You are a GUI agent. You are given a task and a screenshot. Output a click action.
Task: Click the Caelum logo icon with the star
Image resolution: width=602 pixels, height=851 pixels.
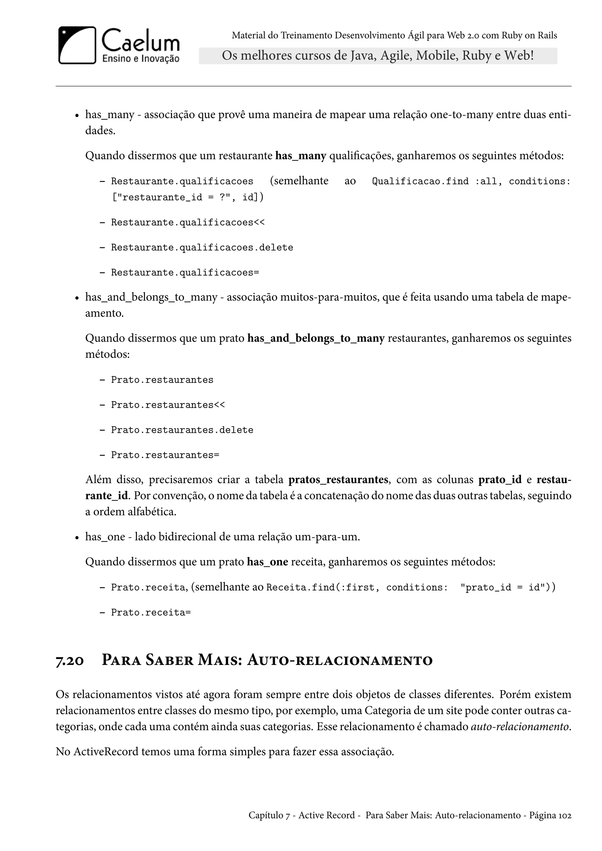tap(77, 45)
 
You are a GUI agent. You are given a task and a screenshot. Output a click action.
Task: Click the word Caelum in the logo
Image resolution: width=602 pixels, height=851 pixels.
tap(141, 41)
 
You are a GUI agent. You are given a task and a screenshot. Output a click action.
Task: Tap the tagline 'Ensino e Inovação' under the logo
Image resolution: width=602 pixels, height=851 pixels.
tap(141, 58)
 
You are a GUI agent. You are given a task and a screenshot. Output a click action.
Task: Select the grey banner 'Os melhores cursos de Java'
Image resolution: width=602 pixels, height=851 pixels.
tap(377, 56)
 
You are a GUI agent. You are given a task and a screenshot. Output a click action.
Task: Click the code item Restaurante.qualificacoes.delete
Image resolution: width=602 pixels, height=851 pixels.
tap(202, 248)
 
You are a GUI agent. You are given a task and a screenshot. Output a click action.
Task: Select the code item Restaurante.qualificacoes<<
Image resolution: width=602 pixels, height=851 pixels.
tap(188, 222)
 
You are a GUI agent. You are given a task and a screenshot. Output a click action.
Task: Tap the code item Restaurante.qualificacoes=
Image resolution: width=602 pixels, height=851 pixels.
tap(185, 273)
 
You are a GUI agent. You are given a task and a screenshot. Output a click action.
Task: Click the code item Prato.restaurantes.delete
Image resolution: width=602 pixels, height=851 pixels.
tap(182, 430)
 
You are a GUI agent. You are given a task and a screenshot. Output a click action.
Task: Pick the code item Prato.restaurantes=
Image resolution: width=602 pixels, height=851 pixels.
tap(165, 455)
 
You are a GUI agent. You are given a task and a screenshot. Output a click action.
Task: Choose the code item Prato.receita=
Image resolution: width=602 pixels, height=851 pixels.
tap(151, 612)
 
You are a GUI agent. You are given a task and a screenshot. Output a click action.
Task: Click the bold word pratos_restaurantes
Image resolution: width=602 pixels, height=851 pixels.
tap(338, 480)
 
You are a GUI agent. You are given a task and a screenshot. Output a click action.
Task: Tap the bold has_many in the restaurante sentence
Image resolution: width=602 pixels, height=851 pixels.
tap(300, 156)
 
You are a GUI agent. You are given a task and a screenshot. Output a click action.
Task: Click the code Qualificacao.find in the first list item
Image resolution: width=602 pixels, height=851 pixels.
tap(420, 181)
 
